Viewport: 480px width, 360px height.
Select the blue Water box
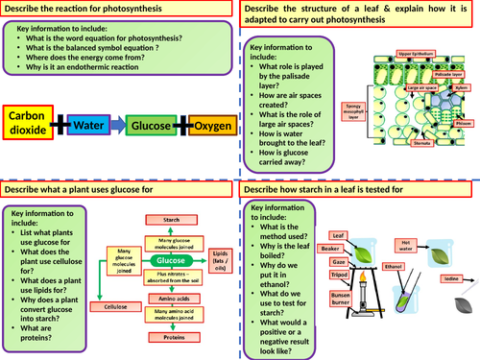coord(93,126)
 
